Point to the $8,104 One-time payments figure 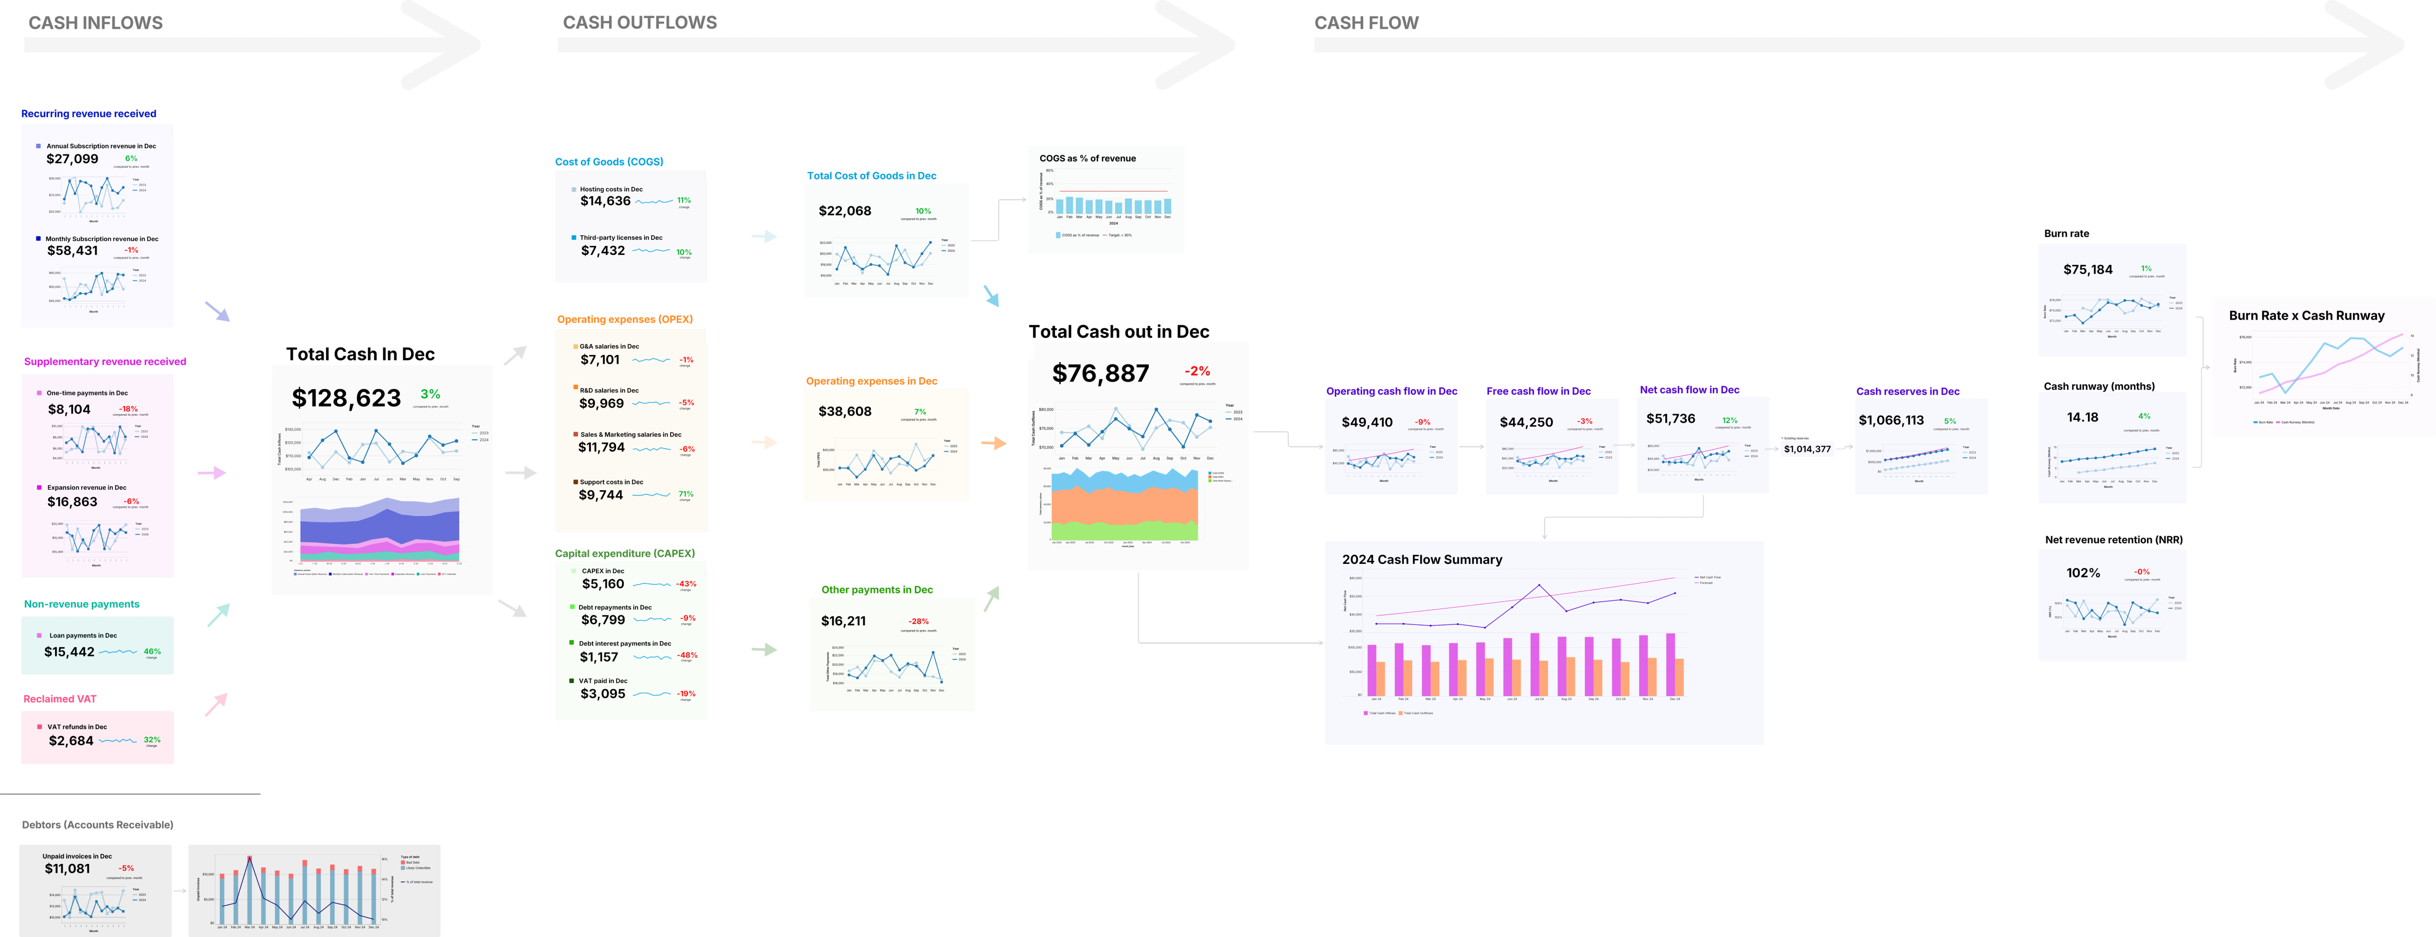(x=69, y=410)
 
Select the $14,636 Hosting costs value (x=605, y=201)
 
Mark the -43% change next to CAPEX (x=687, y=584)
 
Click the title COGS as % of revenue (x=1087, y=159)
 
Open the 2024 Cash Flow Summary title (x=1421, y=560)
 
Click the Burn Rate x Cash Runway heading (x=2306, y=316)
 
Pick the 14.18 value (x=2082, y=418)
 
